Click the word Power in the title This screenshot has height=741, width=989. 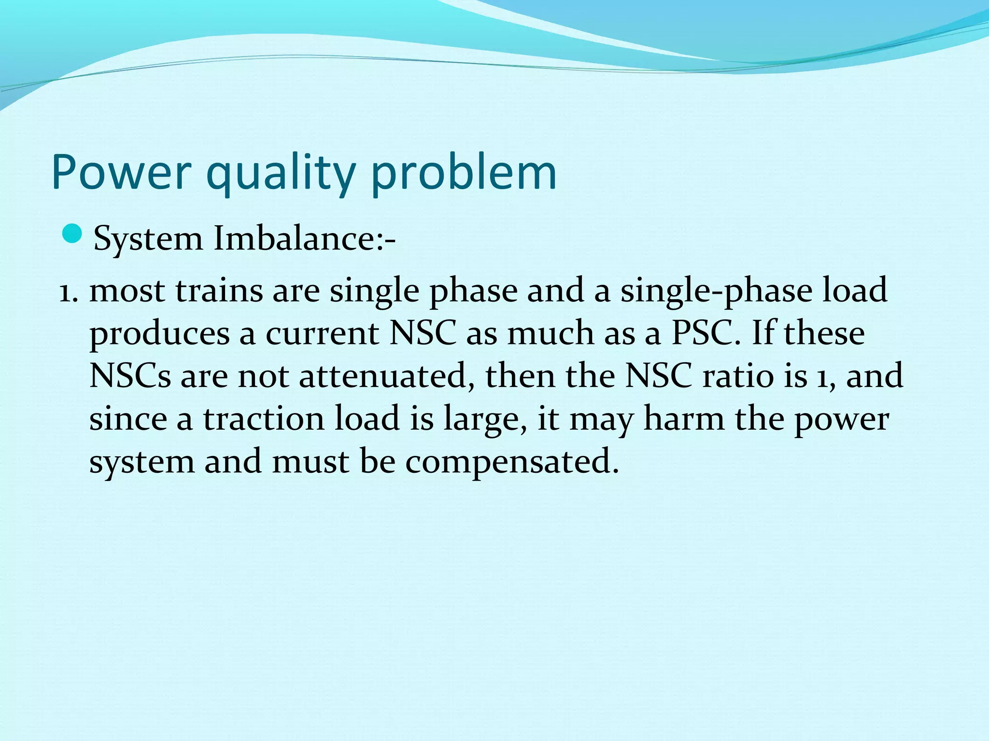(x=121, y=173)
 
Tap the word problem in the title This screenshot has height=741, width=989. (x=464, y=173)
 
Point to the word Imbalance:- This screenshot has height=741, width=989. (x=304, y=238)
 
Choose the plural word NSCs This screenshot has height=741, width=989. (x=130, y=376)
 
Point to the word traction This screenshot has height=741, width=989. (x=263, y=418)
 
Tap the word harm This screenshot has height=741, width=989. (x=684, y=418)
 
